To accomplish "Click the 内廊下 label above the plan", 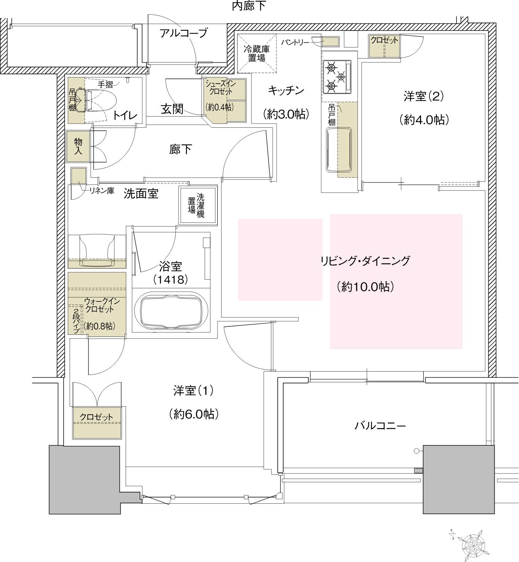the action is [x=249, y=6].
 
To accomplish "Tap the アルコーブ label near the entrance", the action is [x=183, y=33].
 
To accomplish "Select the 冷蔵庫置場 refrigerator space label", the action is [x=257, y=54].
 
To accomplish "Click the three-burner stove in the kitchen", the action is [x=337, y=77].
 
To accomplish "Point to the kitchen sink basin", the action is [x=339, y=150].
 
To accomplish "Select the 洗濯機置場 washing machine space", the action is [x=198, y=205].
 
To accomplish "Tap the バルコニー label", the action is [x=380, y=426].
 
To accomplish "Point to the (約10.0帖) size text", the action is [x=365, y=287].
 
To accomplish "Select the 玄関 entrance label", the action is [x=172, y=109].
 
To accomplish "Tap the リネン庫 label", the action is [x=102, y=191].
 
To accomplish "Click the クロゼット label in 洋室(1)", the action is [x=97, y=417].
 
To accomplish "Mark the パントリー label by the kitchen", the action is [x=295, y=42].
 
